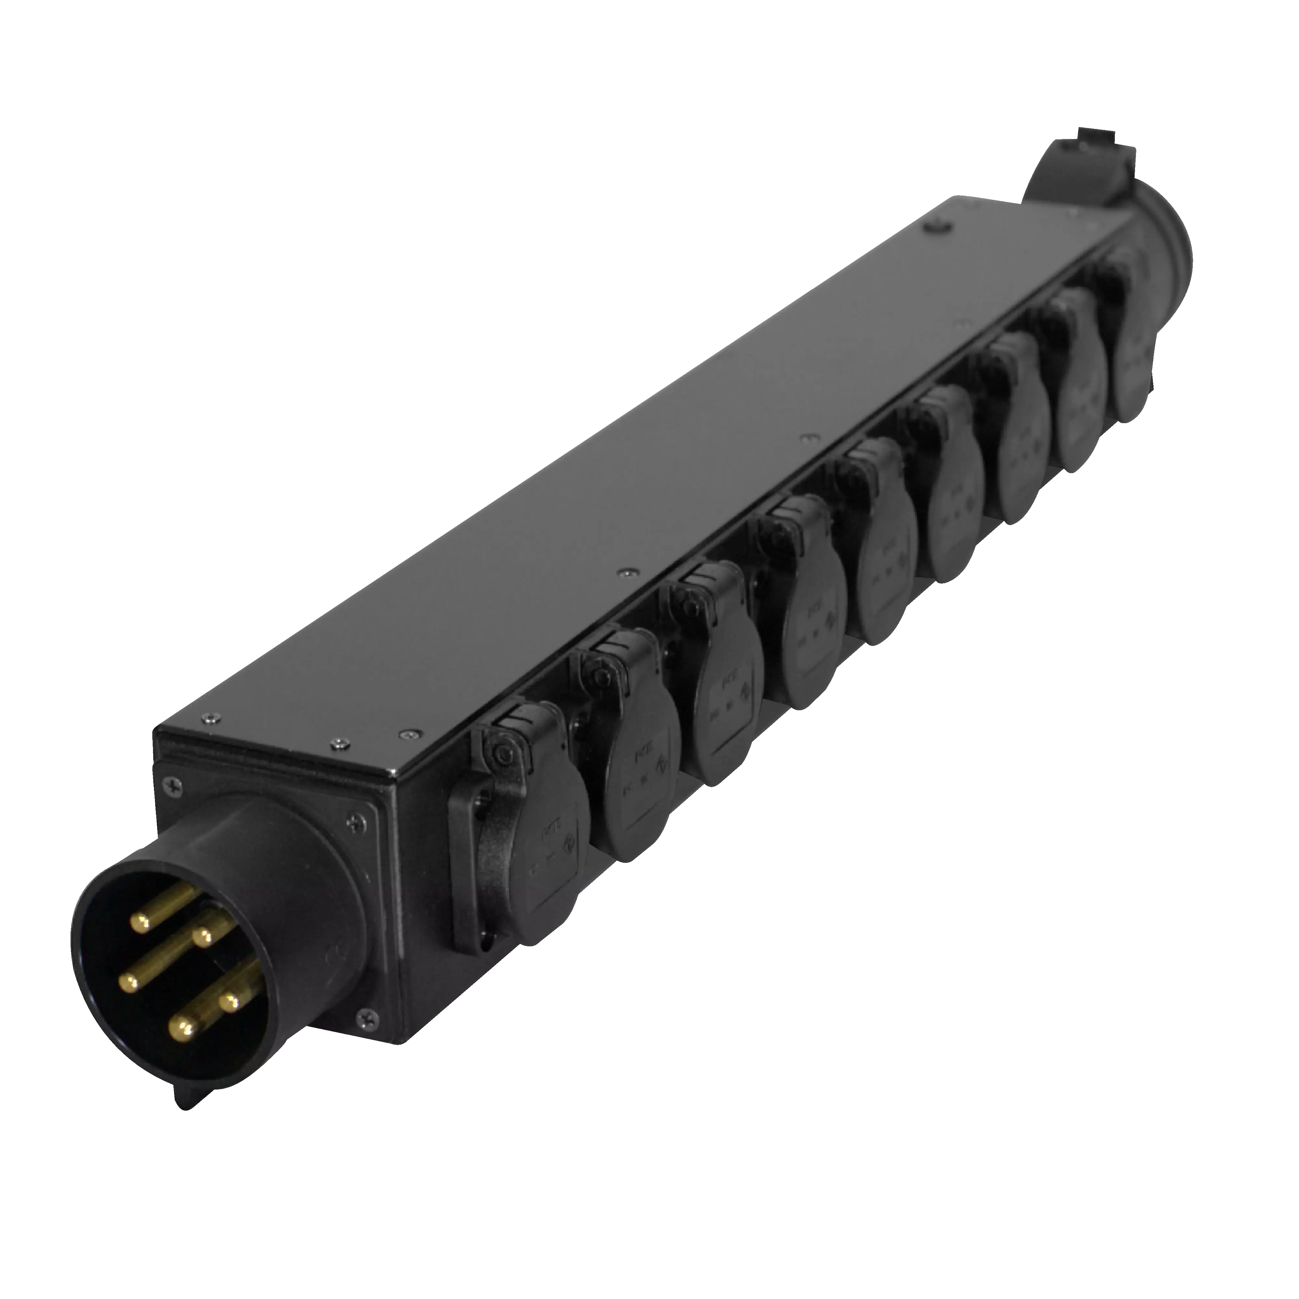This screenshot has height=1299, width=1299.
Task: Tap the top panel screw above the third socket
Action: click(x=627, y=573)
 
